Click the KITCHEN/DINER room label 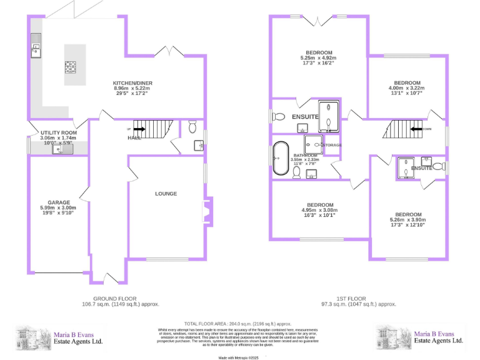[x=132, y=83]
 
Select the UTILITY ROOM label [x=58, y=133]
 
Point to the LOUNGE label [x=166, y=194]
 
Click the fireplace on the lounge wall [x=206, y=211]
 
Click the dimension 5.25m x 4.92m [x=319, y=58]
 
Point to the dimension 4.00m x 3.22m [x=407, y=88]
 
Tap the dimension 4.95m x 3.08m [x=319, y=211]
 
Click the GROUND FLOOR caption [x=115, y=299]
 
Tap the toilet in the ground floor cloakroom [x=192, y=128]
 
